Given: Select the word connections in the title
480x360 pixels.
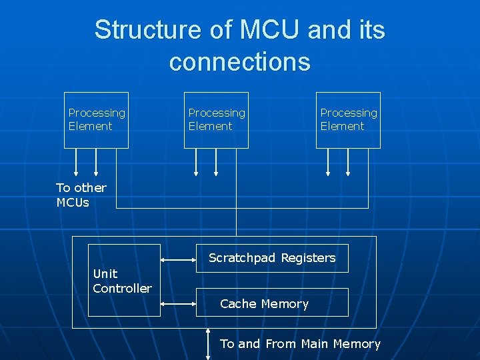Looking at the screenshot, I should [x=239, y=61].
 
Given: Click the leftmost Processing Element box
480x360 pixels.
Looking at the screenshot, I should [x=97, y=120].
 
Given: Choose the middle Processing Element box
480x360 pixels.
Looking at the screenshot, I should [x=216, y=120].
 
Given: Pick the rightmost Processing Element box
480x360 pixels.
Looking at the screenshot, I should [x=348, y=120].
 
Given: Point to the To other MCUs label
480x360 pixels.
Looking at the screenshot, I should [x=81, y=195].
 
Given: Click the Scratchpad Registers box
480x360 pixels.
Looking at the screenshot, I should [x=272, y=258].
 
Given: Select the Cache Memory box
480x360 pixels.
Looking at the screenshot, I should [x=272, y=303].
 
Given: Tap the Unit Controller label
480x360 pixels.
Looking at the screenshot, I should [x=123, y=281].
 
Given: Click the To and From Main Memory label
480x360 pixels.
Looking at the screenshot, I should [x=300, y=344].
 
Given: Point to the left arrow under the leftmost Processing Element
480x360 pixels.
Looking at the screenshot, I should [x=75, y=161].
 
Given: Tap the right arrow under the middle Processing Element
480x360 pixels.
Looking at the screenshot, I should [x=216, y=161].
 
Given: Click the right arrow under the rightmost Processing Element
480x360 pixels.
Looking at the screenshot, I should [x=347, y=161].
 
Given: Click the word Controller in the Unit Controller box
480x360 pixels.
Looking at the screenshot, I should [x=123, y=289].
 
